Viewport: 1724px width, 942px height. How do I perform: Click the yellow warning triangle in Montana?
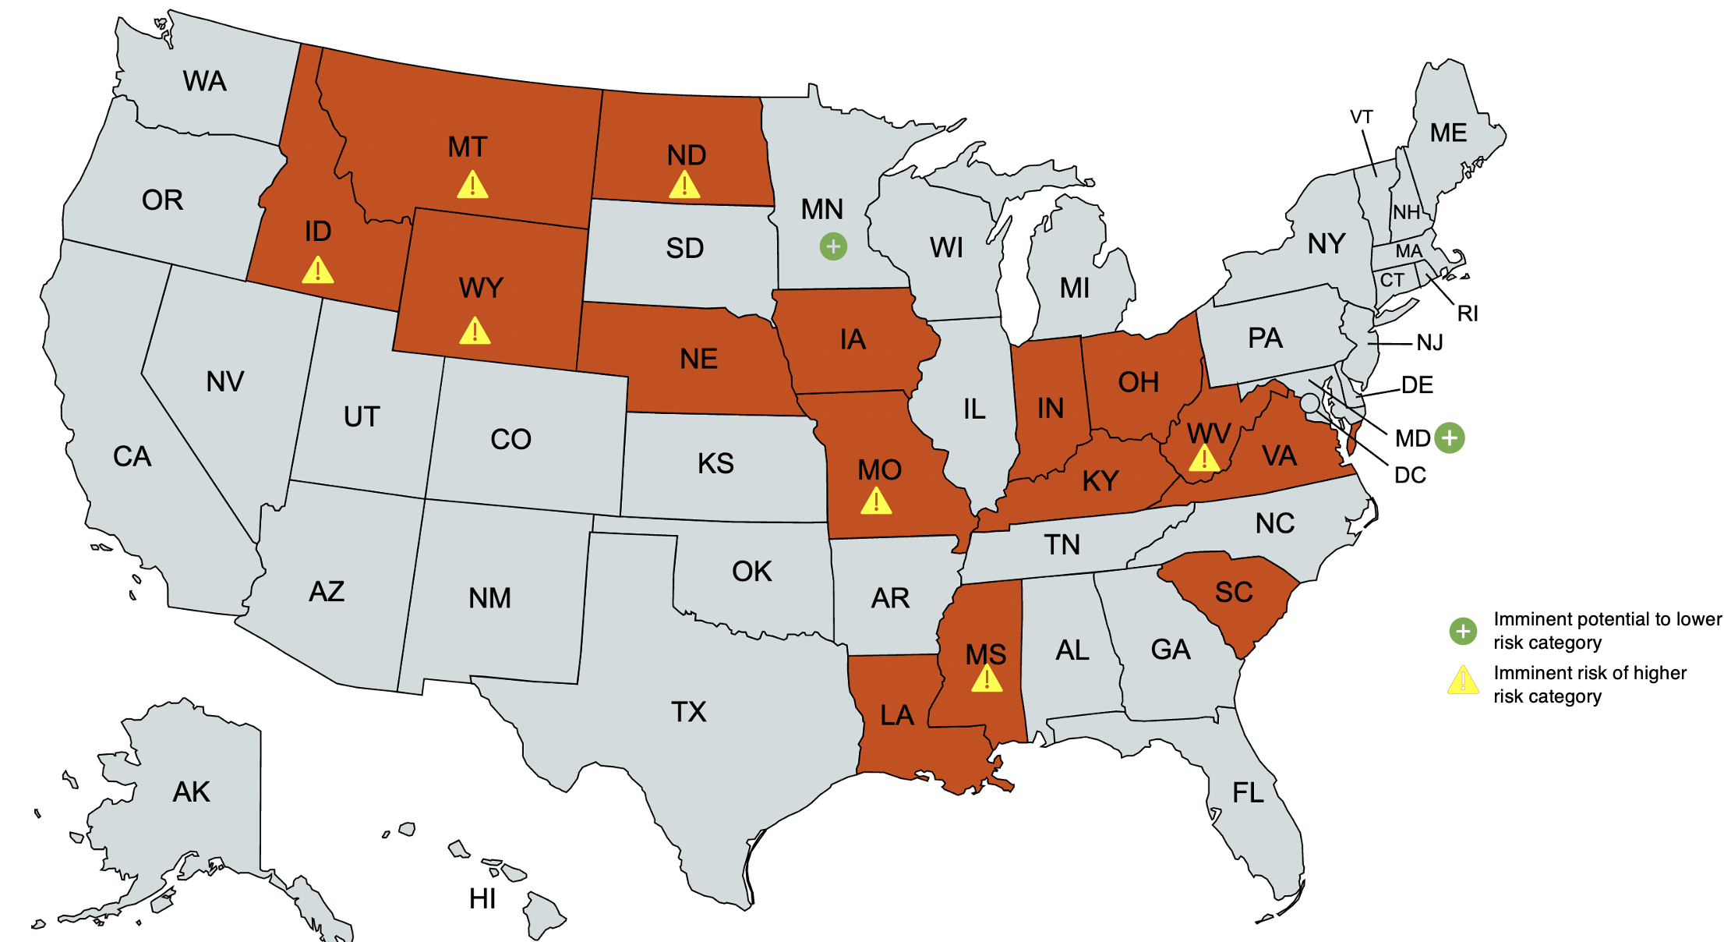click(472, 186)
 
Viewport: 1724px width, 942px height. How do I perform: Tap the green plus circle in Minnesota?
click(833, 247)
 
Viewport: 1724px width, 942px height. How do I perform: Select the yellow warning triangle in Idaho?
click(318, 271)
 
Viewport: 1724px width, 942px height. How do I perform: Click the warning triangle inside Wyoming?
click(475, 331)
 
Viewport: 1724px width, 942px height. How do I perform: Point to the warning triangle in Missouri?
click(876, 501)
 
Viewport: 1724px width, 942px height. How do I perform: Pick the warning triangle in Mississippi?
click(987, 679)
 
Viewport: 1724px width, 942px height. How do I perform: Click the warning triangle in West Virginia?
click(1204, 459)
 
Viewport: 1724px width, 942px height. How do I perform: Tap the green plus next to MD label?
click(1450, 437)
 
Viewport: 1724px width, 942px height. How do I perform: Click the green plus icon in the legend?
click(1463, 631)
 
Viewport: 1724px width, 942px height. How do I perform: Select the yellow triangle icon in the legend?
click(1463, 681)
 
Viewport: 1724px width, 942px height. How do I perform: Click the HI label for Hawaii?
click(482, 899)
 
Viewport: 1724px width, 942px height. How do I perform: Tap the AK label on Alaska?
click(191, 792)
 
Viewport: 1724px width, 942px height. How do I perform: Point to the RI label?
click(1468, 313)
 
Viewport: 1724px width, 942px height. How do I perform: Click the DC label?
click(1410, 475)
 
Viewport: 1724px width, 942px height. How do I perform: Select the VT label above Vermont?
click(1361, 117)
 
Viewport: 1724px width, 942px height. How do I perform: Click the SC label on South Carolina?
click(1234, 593)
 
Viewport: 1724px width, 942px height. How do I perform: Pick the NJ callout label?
click(1429, 342)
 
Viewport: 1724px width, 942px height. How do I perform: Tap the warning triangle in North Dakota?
click(684, 186)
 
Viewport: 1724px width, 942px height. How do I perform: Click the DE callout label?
click(1417, 384)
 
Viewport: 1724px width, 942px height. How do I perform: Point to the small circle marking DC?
click(1310, 403)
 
